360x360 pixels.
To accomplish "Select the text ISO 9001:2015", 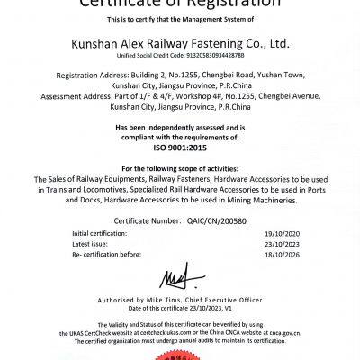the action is click(180, 145).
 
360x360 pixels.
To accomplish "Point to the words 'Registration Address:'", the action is click(87, 78).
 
